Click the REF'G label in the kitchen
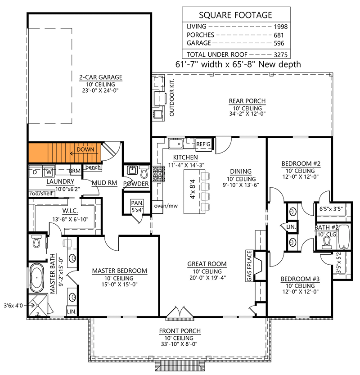[204, 144]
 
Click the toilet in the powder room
[143, 172]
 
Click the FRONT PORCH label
[180, 331]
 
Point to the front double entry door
[179, 312]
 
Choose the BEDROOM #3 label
[300, 279]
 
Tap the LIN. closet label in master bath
[72, 311]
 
